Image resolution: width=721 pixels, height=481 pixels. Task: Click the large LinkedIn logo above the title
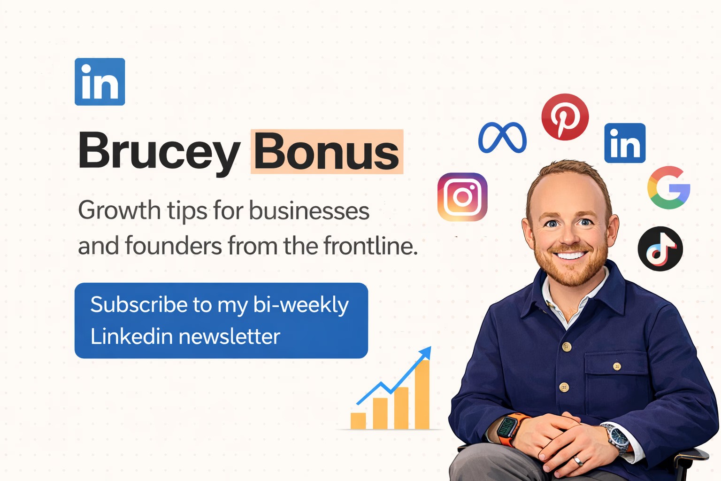pos(100,82)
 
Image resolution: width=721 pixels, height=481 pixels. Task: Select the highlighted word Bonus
pos(327,152)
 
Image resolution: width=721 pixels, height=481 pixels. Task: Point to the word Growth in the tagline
pos(119,210)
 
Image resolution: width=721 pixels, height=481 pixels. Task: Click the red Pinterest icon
pos(565,117)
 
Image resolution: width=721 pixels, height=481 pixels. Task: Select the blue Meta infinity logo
pos(502,138)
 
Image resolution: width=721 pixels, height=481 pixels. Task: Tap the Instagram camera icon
pos(462,197)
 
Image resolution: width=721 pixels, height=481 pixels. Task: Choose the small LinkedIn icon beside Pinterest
pos(625,143)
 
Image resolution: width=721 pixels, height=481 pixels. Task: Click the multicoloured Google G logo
pos(668,187)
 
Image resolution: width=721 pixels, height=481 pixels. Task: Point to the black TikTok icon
pos(660,249)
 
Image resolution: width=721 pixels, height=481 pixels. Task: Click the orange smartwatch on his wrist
pos(508,428)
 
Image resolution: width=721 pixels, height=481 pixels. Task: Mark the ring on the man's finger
pos(579,461)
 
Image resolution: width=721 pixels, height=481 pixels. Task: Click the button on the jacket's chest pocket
pos(617,366)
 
